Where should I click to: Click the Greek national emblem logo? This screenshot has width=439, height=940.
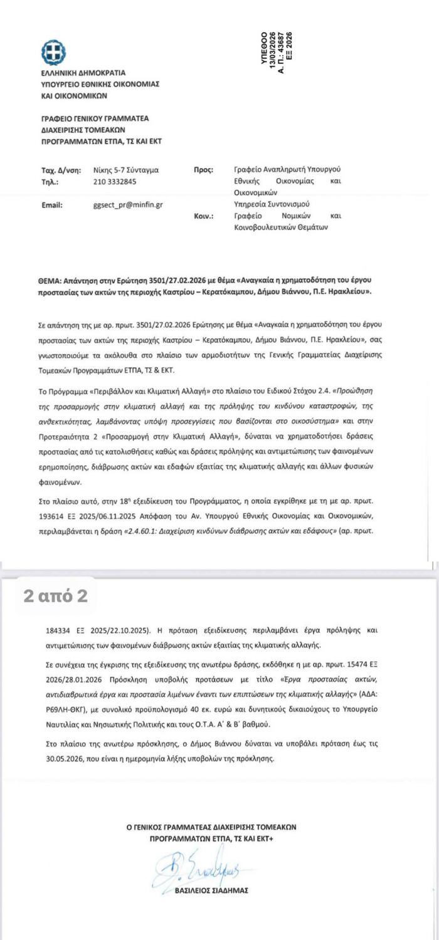click(x=53, y=51)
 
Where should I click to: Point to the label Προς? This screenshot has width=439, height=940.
click(x=204, y=170)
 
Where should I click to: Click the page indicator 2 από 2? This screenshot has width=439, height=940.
click(x=56, y=596)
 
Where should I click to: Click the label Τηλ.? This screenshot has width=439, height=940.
click(x=50, y=182)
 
